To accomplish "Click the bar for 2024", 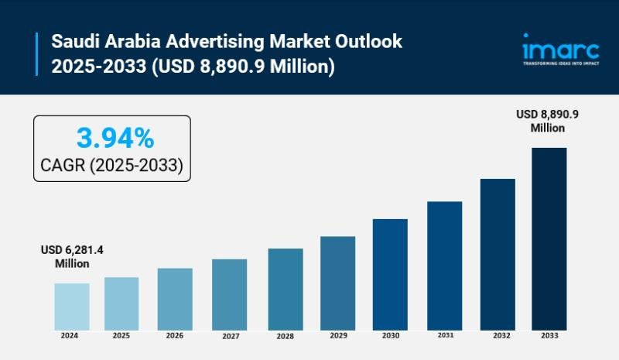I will (x=71, y=306).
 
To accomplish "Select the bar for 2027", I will (x=229, y=293).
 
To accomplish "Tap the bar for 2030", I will (x=390, y=273).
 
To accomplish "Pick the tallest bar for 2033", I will (x=549, y=238).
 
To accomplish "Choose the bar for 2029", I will (x=337, y=283).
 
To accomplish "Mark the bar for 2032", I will (x=498, y=253).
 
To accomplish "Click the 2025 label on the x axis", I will (x=121, y=336).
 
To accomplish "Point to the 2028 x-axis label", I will (x=286, y=337).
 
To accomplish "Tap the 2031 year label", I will (x=444, y=336).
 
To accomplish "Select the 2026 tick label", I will (x=175, y=336).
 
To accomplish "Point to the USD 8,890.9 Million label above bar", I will (x=548, y=121).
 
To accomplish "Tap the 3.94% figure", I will (x=115, y=139).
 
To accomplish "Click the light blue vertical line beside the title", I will (x=37, y=53).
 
